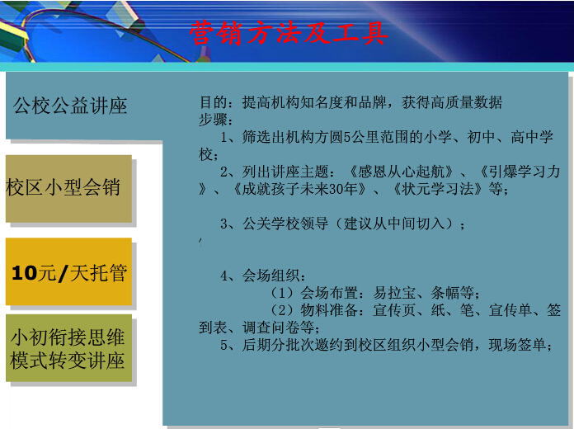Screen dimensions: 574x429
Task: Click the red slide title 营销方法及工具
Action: [x=289, y=33]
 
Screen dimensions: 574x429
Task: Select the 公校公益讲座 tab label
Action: [x=70, y=106]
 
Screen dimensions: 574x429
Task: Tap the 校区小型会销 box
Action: [x=68, y=189]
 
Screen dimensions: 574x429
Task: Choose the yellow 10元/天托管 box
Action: [x=68, y=271]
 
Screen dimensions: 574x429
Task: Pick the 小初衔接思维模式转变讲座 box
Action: [x=68, y=348]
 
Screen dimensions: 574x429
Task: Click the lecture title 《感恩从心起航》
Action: [x=401, y=172]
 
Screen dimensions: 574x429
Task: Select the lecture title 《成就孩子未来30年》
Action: [x=299, y=189]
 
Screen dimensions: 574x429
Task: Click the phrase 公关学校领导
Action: [x=285, y=223]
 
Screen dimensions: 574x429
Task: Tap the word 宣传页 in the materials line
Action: [x=394, y=310]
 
